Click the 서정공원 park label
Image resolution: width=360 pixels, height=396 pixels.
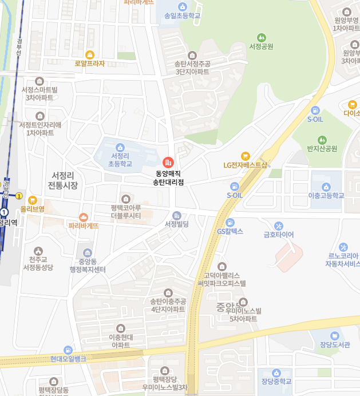click(x=262, y=46)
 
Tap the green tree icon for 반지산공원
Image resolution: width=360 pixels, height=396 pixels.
click(x=322, y=139)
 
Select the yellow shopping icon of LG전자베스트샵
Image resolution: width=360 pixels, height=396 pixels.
click(x=246, y=156)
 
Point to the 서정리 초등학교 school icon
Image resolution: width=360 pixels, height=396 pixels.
click(x=120, y=147)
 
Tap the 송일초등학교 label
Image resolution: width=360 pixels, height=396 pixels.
click(x=182, y=15)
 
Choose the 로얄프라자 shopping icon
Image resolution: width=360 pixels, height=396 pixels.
click(x=90, y=54)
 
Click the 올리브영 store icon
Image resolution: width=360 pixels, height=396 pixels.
click(x=32, y=200)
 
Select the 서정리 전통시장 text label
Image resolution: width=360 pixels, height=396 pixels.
click(x=63, y=180)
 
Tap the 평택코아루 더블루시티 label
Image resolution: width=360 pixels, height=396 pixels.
click(x=126, y=212)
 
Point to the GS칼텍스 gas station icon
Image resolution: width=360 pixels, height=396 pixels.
click(x=230, y=222)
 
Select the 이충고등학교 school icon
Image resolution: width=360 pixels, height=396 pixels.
click(x=326, y=187)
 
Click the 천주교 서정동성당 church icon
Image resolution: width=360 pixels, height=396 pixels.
click(x=38, y=251)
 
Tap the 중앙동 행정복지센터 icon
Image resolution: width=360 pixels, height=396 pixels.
click(x=88, y=253)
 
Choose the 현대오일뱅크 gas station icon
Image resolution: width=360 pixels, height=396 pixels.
click(x=68, y=350)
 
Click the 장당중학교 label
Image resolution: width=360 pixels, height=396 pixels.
click(x=276, y=382)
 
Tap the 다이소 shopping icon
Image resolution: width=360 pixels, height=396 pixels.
click(x=352, y=105)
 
